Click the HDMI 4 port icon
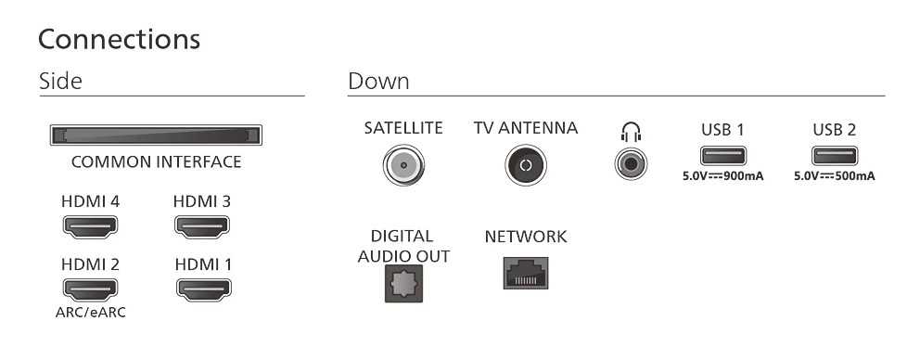(90, 226)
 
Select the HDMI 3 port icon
(202, 226)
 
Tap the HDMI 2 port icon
(90, 289)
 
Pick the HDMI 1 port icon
(204, 289)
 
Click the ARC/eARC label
(90, 313)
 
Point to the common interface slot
(156, 135)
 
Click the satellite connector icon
(403, 165)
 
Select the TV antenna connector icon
(525, 165)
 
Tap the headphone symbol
(631, 133)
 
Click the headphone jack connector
(631, 164)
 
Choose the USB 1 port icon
(723, 156)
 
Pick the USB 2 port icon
(835, 156)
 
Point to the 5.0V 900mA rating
(723, 176)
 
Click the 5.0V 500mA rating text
(835, 176)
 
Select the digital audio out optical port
(403, 284)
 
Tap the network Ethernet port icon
(526, 273)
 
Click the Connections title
(119, 39)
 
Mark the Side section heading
(60, 81)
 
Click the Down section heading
(379, 81)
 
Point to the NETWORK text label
(526, 237)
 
